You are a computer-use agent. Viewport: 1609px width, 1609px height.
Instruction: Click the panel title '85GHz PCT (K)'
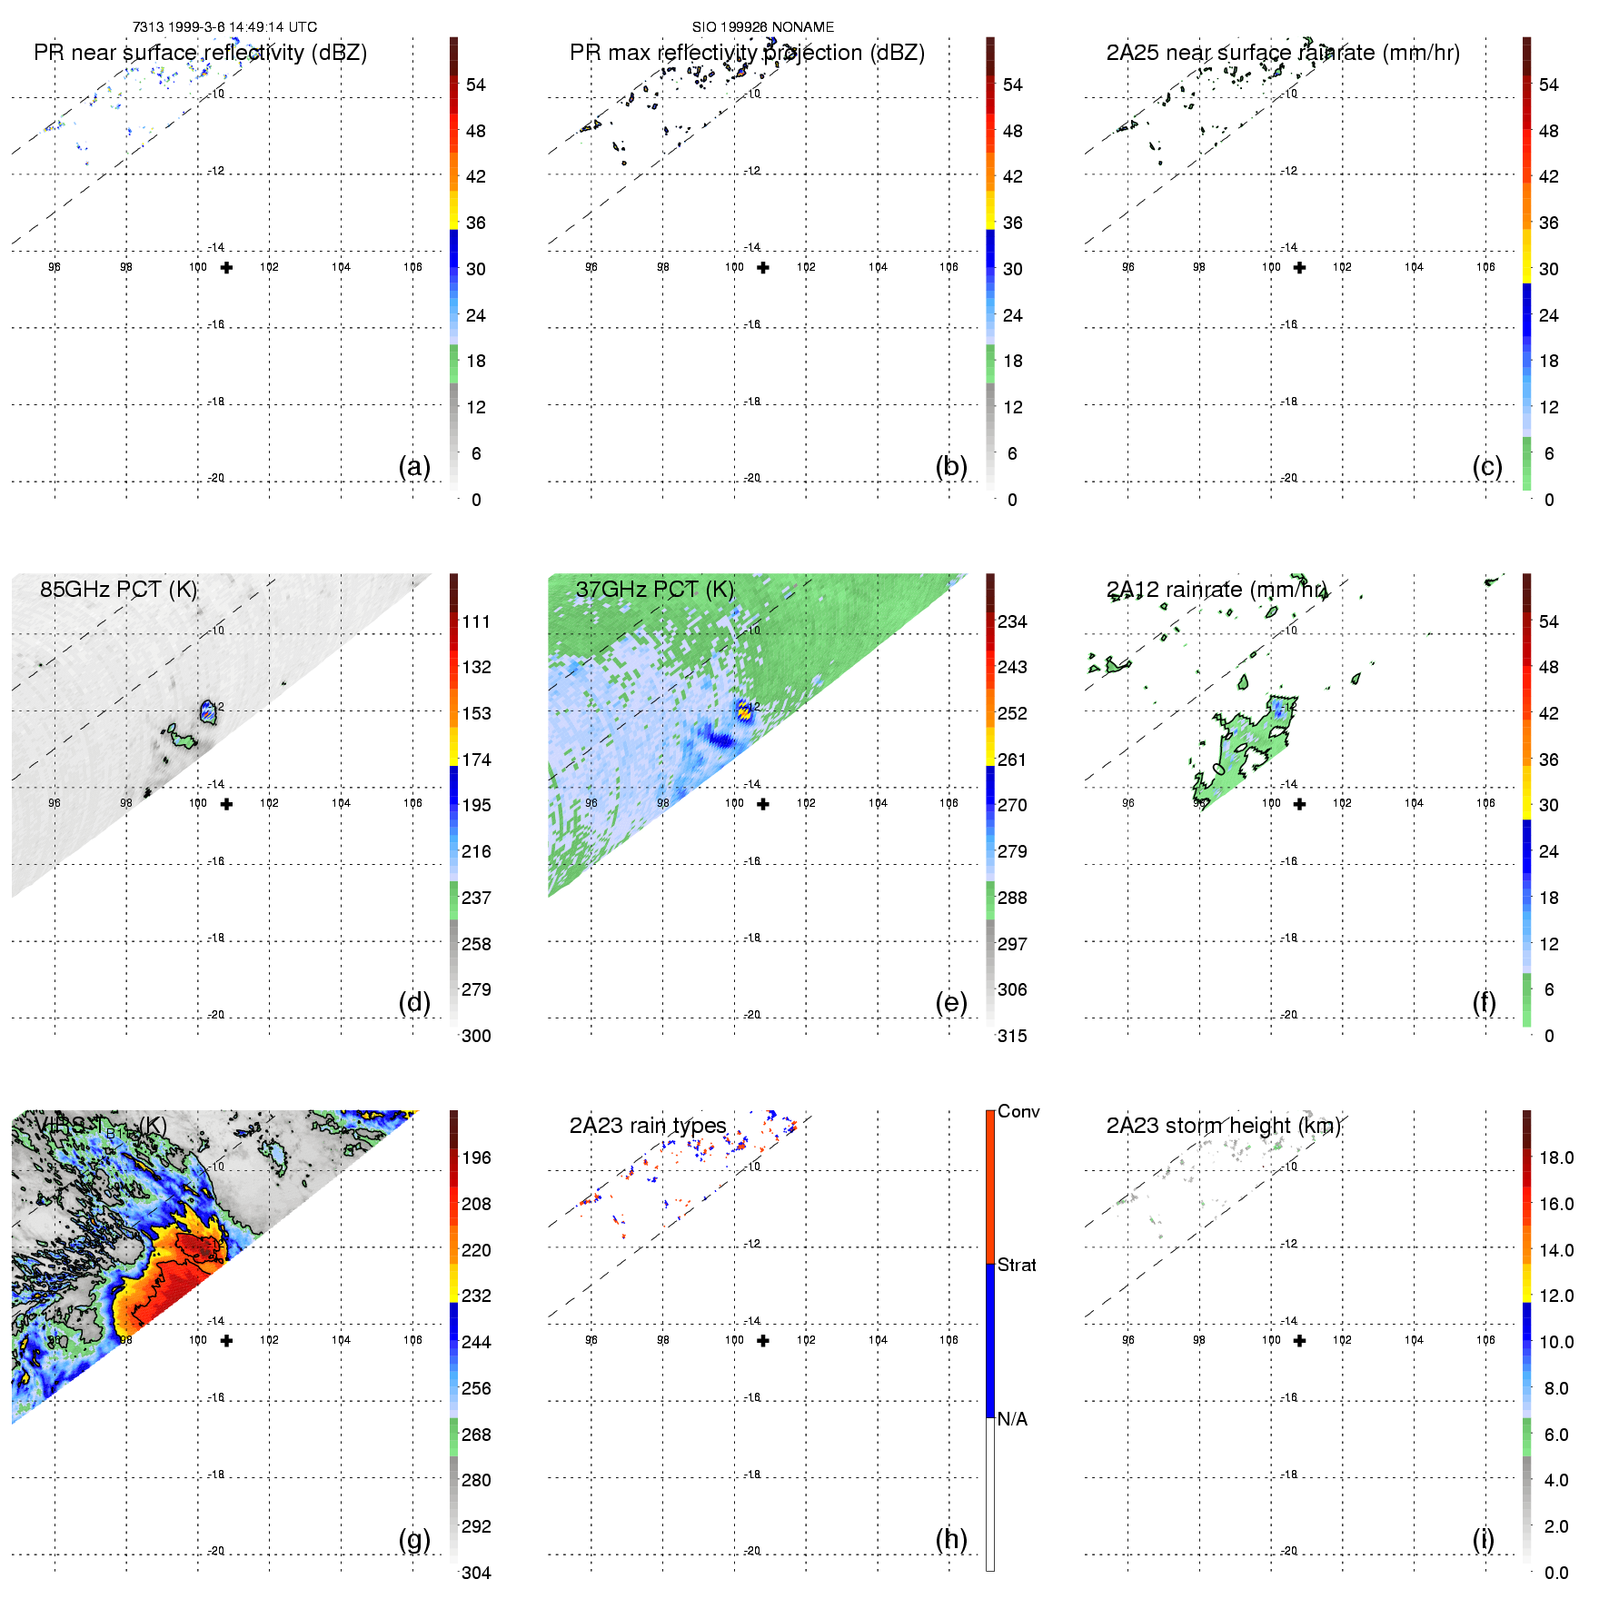click(x=118, y=590)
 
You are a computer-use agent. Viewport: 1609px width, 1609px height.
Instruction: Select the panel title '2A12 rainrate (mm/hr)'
click(x=1217, y=590)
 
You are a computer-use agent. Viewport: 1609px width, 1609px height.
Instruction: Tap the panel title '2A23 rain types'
click(x=648, y=1126)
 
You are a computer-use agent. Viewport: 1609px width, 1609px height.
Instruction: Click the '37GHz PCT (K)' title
click(x=654, y=590)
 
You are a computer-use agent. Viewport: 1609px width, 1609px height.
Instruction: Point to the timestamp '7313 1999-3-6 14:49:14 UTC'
click(x=224, y=27)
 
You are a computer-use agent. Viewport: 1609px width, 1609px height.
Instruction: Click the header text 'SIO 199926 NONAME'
click(x=763, y=27)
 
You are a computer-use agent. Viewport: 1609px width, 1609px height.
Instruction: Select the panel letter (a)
click(x=414, y=466)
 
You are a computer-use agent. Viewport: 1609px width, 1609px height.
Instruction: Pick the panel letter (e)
click(x=951, y=1002)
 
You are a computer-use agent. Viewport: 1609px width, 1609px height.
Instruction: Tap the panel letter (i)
click(x=1483, y=1539)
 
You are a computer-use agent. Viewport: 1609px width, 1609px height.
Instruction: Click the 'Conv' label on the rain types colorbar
click(x=1018, y=1111)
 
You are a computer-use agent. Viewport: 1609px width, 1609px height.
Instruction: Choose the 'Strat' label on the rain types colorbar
click(x=1017, y=1265)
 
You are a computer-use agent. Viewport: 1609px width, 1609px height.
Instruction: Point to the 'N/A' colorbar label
click(x=1012, y=1419)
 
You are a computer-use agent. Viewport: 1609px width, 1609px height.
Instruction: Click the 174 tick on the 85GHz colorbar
click(x=476, y=760)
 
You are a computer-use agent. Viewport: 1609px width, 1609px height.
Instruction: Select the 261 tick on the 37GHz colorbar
click(x=1012, y=760)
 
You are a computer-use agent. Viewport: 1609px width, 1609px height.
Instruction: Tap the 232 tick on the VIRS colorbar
click(x=476, y=1296)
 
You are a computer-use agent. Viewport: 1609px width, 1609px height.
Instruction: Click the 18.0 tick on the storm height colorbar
click(x=1556, y=1157)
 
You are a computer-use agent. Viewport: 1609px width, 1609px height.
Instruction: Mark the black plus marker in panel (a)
click(x=226, y=267)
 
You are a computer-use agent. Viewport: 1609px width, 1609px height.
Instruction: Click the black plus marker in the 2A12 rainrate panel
click(x=1299, y=804)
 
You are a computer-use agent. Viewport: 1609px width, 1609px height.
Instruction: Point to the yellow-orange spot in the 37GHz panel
click(x=745, y=711)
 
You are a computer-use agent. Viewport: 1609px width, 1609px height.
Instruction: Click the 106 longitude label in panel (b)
click(x=949, y=267)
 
